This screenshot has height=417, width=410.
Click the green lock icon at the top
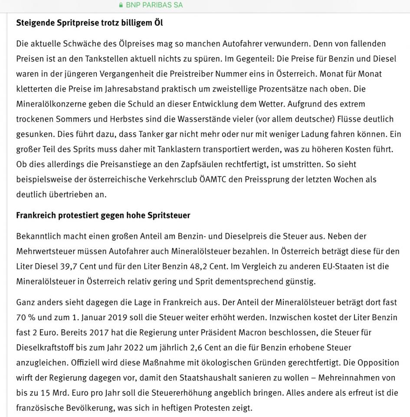pyautogui.click(x=121, y=5)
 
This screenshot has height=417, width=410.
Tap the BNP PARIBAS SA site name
pyautogui.click(x=154, y=5)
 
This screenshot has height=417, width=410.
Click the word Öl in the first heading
pyautogui.click(x=158, y=23)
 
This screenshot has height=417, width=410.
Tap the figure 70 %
pyautogui.click(x=26, y=317)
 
